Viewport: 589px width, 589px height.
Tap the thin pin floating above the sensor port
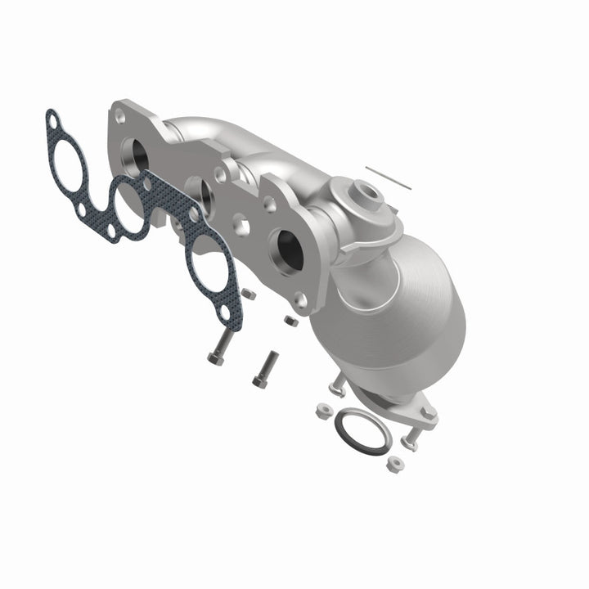click(388, 178)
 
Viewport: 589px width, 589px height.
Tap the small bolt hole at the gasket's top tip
click(53, 123)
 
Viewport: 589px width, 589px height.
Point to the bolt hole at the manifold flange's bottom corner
click(302, 300)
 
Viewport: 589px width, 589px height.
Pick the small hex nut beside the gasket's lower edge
click(249, 292)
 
